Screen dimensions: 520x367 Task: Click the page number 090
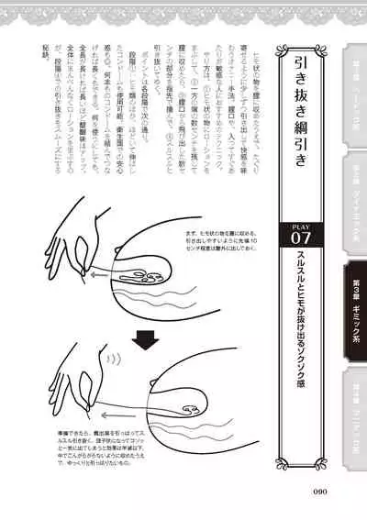[320, 492]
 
